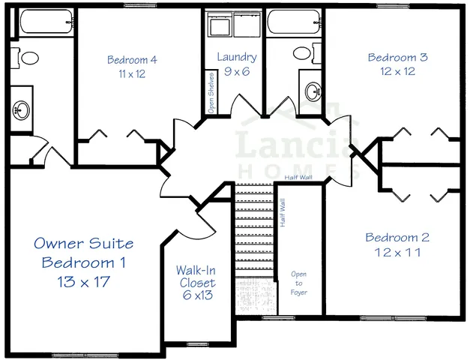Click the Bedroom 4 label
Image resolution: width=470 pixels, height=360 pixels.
coord(131,60)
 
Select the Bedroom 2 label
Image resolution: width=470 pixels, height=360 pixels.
coord(397,238)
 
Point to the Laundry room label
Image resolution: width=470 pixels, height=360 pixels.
coord(237,57)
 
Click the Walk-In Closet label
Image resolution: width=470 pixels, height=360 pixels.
coord(196,276)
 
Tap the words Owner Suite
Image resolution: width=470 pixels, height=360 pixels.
coord(84,244)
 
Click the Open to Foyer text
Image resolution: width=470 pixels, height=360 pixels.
coord(298,283)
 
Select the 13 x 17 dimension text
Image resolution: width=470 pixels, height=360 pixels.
coord(84,282)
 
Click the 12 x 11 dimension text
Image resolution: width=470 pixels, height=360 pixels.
coord(397,253)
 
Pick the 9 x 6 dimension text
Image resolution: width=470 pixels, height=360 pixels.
coord(237,72)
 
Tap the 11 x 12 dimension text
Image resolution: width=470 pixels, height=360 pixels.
coord(131,74)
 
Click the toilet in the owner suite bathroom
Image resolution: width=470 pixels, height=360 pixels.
coord(29,58)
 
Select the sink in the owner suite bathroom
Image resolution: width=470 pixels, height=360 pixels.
coord(20,111)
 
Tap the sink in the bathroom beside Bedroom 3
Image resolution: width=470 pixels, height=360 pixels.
coord(310,91)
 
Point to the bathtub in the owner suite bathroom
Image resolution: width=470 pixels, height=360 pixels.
coord(45,22)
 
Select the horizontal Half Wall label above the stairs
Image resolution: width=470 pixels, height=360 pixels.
coord(300,178)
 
